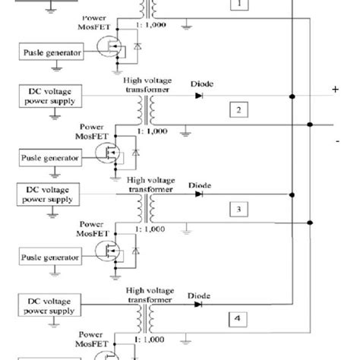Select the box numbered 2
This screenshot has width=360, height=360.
(x=238, y=111)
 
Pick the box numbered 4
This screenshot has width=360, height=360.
(x=238, y=320)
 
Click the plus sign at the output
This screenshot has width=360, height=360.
(x=335, y=90)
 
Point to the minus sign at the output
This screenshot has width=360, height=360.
(x=335, y=142)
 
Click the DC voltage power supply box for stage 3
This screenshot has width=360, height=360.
(x=46, y=193)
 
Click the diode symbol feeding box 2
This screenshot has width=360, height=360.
(x=200, y=96)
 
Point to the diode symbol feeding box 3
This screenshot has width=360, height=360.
(x=199, y=194)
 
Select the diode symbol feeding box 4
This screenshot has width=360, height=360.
(x=200, y=305)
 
